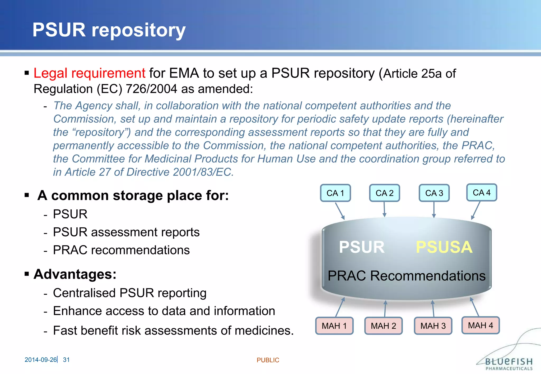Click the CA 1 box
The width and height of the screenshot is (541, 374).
pos(335,193)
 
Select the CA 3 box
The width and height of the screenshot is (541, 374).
pos(434,193)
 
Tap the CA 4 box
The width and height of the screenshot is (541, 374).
pos(482,193)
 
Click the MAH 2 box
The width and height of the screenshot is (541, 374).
pos(383,326)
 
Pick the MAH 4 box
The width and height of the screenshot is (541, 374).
pos(481,325)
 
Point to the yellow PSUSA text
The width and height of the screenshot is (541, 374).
pos(444,247)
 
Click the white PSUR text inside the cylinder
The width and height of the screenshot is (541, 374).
pos(362,247)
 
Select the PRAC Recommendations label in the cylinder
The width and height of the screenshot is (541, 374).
pos(407,276)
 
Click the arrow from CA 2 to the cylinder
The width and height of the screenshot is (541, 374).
pos(384,209)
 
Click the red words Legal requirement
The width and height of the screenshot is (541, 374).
pos(89,73)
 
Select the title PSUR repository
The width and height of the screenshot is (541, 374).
pos(109,30)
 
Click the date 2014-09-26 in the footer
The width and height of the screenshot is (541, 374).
pos(40,360)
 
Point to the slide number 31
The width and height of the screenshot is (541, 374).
pos(66,360)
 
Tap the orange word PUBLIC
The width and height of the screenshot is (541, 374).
pos(268,360)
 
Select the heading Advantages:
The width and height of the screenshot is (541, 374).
pos(75,274)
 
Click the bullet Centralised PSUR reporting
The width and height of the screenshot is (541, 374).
pos(130,293)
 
